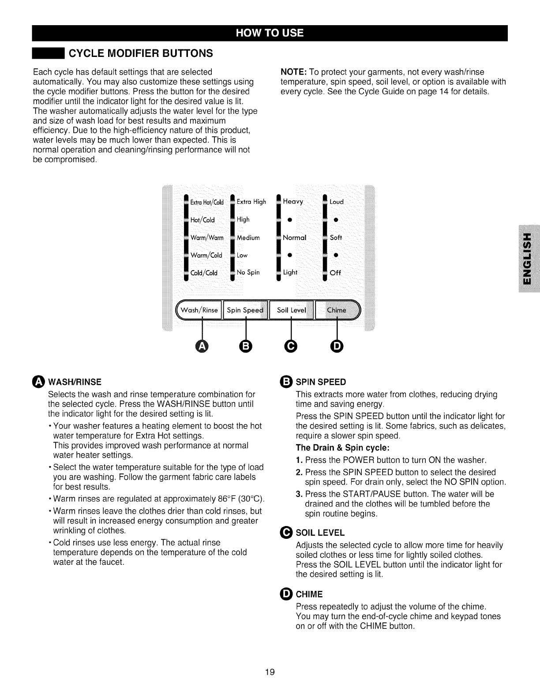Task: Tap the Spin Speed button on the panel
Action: [245, 310]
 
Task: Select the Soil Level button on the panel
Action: [291, 310]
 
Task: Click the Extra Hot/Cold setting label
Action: [207, 203]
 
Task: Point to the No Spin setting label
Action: [248, 272]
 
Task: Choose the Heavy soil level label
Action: [293, 202]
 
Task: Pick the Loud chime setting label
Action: [337, 202]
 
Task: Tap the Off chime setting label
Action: [336, 273]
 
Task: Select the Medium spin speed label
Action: [248, 237]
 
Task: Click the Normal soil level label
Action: [294, 237]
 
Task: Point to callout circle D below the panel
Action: [337, 347]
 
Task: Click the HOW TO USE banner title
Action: [270, 34]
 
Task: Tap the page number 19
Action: [270, 672]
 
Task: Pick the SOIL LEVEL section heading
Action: [320, 533]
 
